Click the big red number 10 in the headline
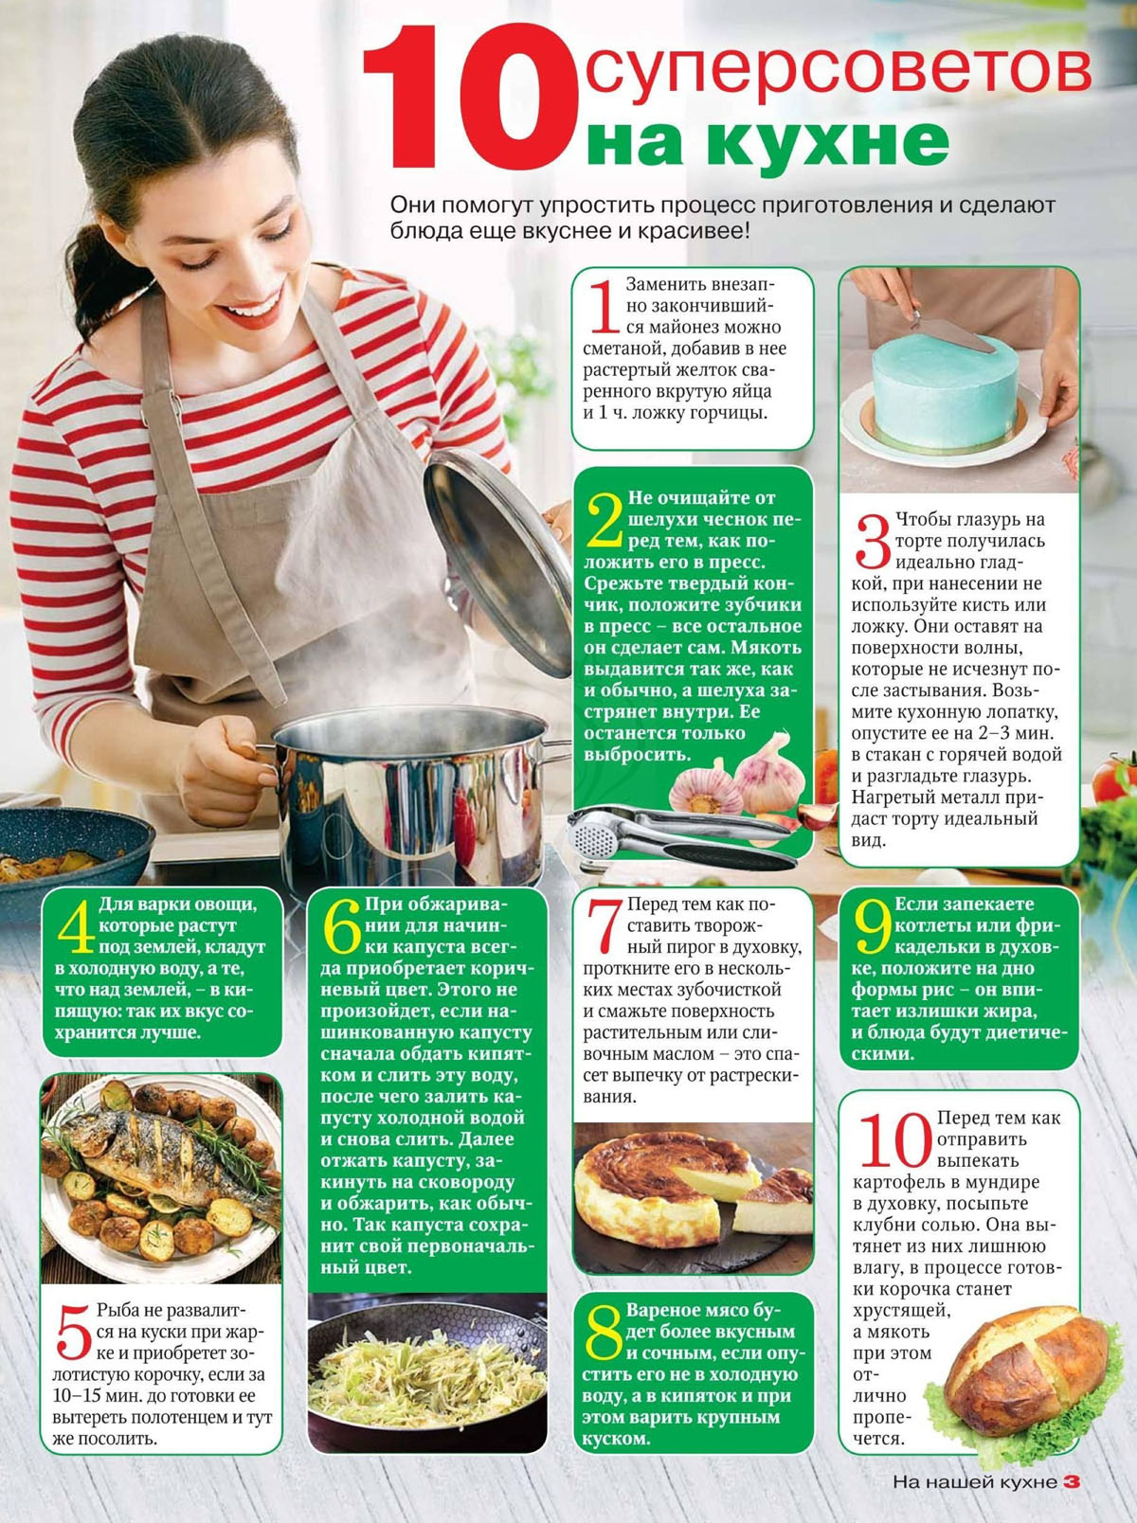click(471, 98)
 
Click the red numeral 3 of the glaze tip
click(873, 541)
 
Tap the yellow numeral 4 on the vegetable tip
click(76, 925)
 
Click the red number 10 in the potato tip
click(895, 1139)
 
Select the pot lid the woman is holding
click(497, 562)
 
